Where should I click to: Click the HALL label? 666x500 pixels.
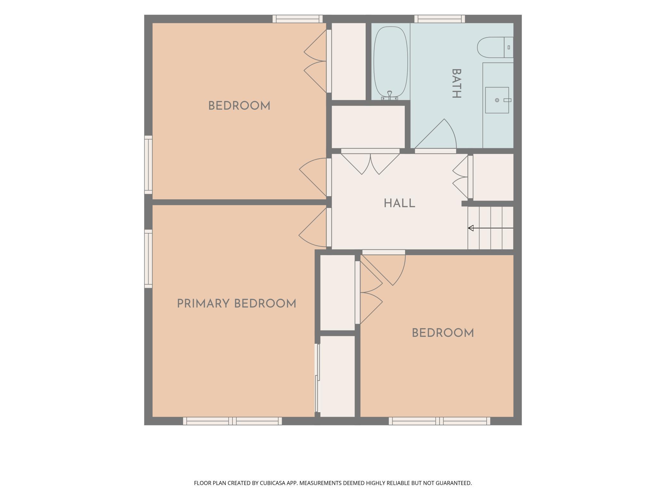[399, 203]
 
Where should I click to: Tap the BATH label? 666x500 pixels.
[456, 84]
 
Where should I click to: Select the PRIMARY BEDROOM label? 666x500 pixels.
[237, 304]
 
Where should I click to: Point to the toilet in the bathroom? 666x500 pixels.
[495, 47]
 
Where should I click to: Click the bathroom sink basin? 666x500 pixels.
[497, 100]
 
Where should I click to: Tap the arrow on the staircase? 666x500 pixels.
[491, 228]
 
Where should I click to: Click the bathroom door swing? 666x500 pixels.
[435, 135]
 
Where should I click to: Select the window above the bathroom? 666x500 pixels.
[440, 19]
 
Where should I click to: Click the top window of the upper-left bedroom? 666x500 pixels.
[298, 19]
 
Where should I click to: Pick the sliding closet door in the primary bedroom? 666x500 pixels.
[317, 378]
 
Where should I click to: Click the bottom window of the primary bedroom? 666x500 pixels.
[232, 421]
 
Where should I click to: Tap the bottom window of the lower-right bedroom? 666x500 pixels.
[440, 421]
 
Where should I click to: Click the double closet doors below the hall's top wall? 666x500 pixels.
[370, 162]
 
